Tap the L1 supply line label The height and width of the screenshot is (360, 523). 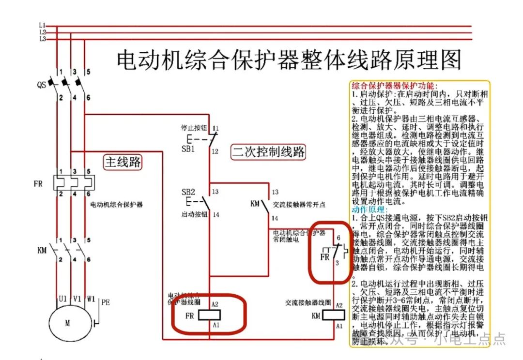point(42,24)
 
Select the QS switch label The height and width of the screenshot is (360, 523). point(42,85)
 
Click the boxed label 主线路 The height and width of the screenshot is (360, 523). point(123,162)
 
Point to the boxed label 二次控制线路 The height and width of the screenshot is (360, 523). point(268,152)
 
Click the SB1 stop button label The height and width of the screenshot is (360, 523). point(188,149)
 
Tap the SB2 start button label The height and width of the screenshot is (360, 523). point(188,192)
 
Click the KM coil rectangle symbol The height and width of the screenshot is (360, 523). point(334,315)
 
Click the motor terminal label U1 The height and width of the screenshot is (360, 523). point(62,299)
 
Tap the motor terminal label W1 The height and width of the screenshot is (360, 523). point(90,299)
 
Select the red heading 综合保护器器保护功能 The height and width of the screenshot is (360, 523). point(394,85)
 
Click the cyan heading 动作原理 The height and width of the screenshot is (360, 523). point(369,210)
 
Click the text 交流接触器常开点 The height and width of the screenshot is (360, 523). point(299,205)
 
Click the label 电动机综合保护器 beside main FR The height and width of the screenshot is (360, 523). point(117,205)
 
